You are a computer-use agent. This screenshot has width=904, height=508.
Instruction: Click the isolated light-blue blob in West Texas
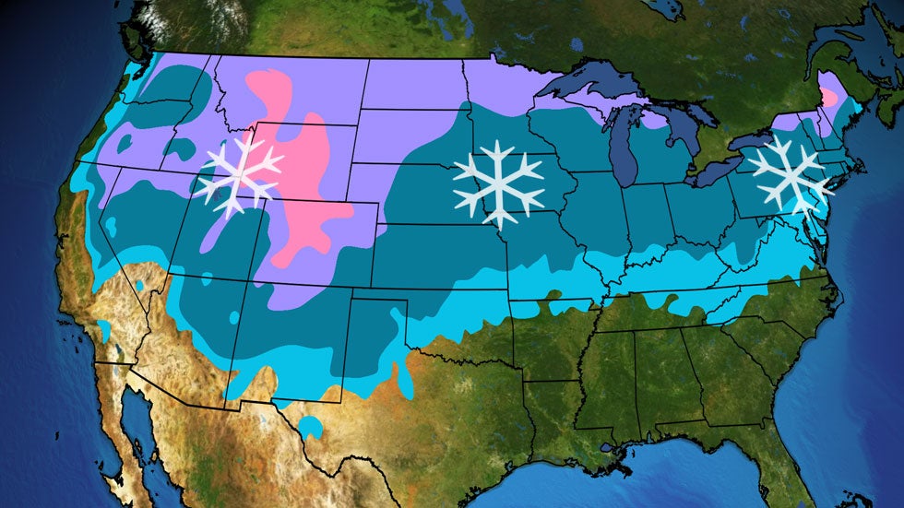311,427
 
